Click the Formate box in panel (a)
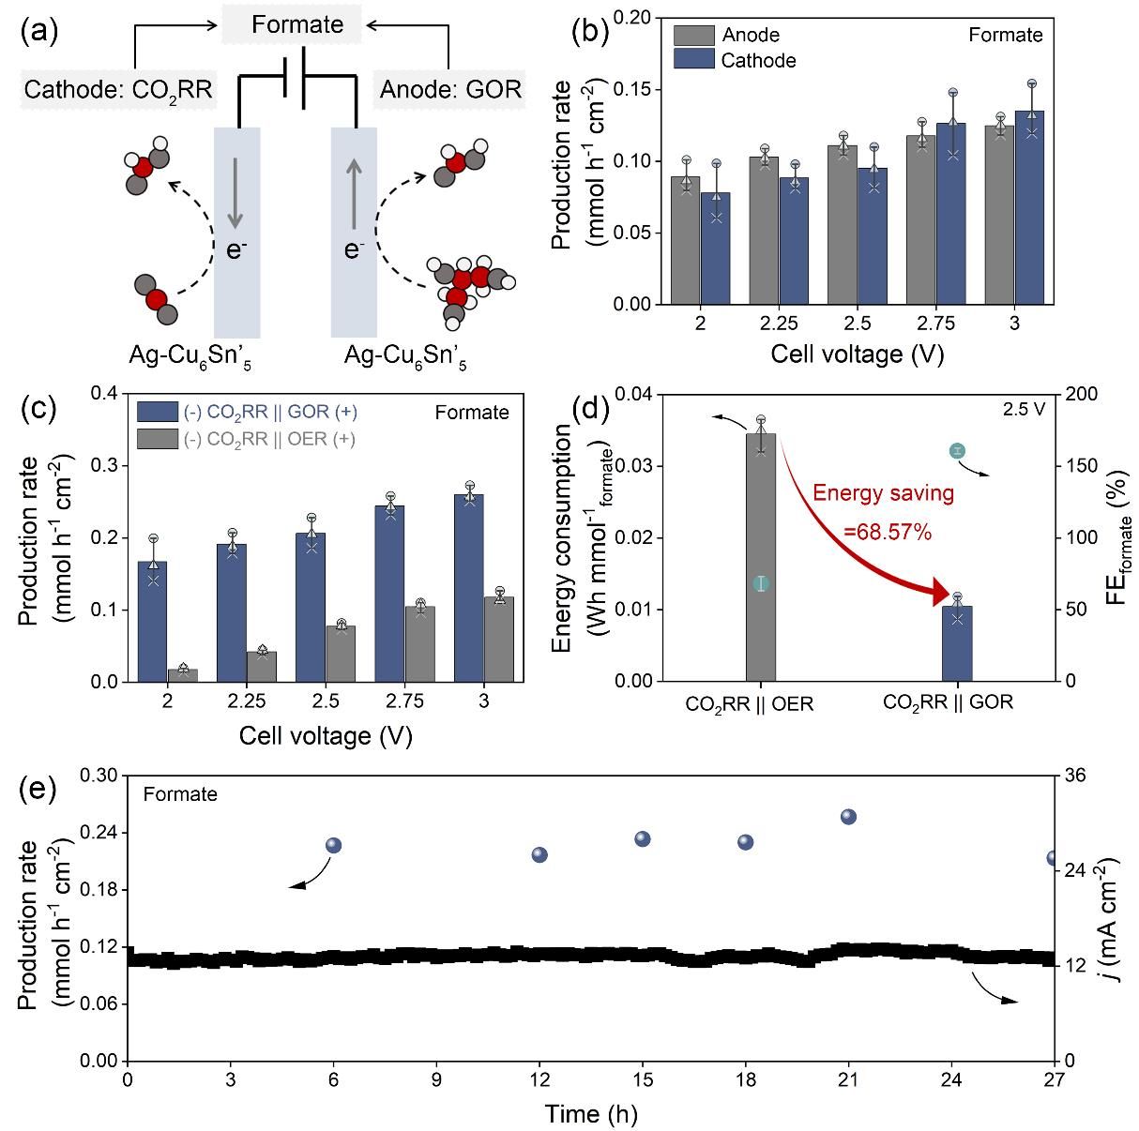click(x=297, y=24)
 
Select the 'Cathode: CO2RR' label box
click(x=118, y=90)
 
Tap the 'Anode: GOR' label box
click(x=449, y=90)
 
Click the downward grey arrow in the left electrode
click(x=235, y=193)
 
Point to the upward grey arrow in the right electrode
click(x=354, y=193)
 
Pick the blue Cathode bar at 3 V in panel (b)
click(x=1029, y=208)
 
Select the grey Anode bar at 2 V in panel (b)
click(x=686, y=241)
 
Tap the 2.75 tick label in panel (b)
click(x=935, y=324)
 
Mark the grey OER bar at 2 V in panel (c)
click(x=183, y=675)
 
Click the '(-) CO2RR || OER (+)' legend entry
click(x=248, y=438)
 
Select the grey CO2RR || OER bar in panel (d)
click(x=761, y=558)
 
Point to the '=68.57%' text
click(x=887, y=533)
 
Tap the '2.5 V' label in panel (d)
click(x=1024, y=409)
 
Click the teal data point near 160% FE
click(x=957, y=451)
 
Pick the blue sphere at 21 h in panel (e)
click(x=848, y=817)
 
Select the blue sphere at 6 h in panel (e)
click(x=333, y=846)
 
